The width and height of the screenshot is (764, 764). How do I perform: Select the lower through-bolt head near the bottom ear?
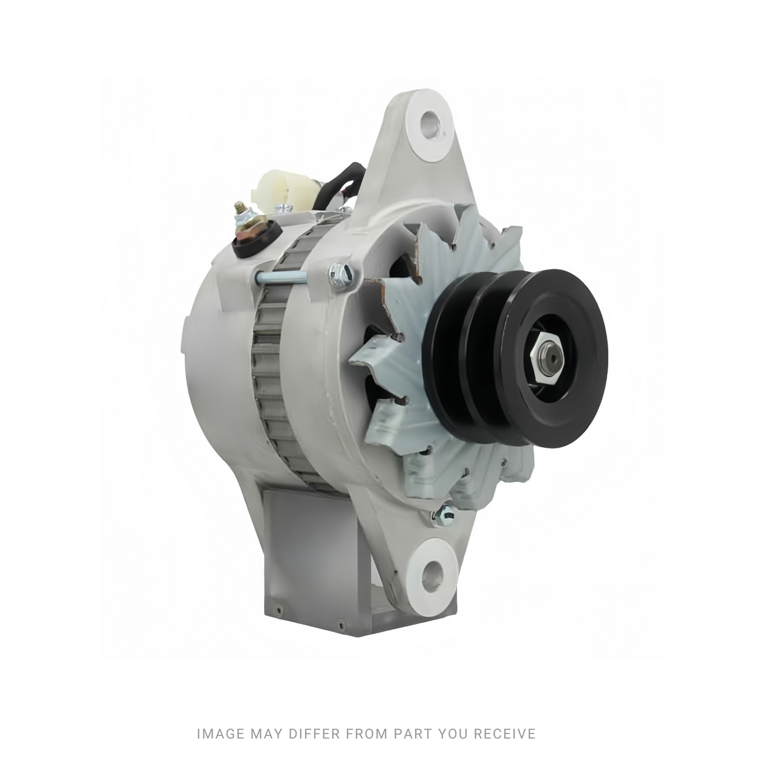444,516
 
